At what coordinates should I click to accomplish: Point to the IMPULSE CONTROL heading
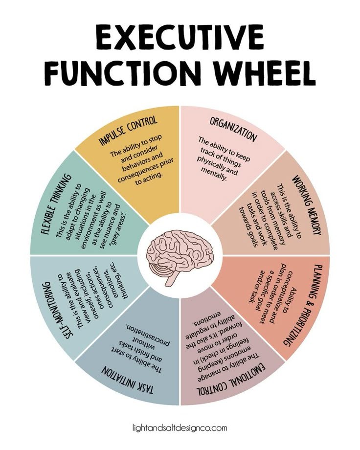pos(129,131)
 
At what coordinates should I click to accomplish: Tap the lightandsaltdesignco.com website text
pos(180,427)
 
